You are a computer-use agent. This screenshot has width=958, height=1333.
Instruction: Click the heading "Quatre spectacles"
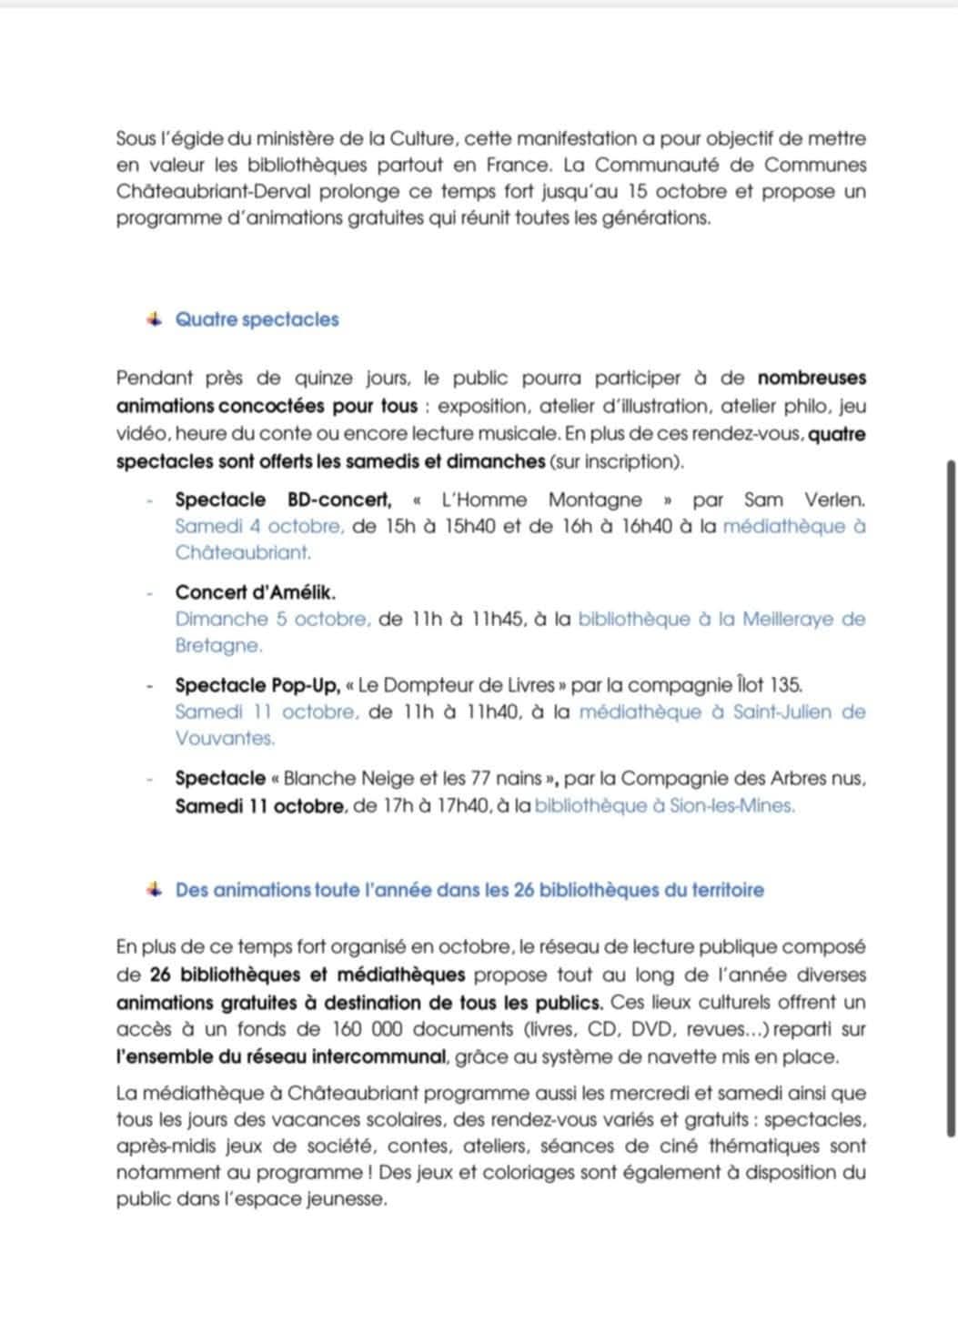tap(257, 319)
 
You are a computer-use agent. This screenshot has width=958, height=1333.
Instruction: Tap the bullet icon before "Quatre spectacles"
tap(154, 318)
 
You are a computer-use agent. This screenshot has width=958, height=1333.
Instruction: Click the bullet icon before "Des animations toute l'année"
tap(154, 889)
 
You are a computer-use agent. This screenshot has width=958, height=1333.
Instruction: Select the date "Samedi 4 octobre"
tap(259, 526)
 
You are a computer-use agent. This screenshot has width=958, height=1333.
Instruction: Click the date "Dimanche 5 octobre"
tap(272, 619)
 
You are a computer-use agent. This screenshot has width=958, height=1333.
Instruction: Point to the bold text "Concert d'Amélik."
tap(255, 592)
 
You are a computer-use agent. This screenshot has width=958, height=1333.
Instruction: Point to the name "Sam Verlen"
tap(803, 500)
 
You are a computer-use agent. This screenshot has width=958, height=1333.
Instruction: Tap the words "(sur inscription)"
tap(615, 461)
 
